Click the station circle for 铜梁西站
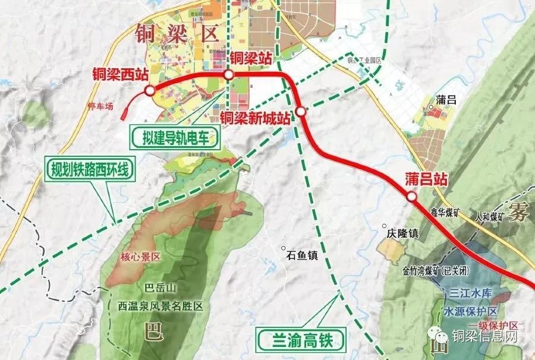149,90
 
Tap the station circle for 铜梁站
229,74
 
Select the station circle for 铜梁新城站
301,111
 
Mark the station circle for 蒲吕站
411,197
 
